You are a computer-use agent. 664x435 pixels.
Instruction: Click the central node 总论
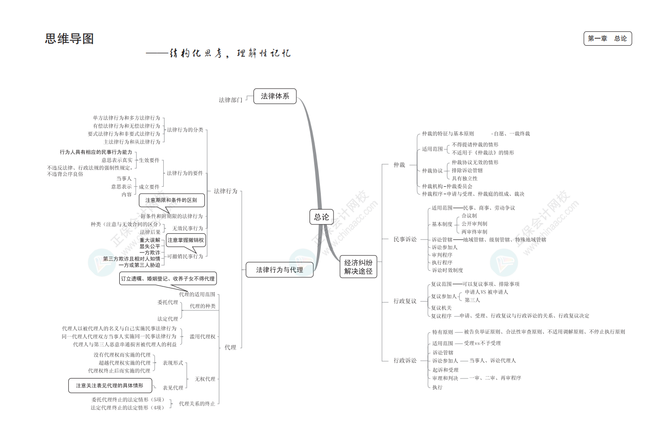point(321,217)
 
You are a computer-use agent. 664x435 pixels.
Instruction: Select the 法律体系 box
point(275,96)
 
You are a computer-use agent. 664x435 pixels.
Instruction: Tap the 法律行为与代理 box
point(280,270)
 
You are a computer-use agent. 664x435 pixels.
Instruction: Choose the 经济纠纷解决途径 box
point(358,267)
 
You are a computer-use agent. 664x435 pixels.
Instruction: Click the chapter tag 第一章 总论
point(607,39)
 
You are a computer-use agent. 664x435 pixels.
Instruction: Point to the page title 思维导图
point(70,39)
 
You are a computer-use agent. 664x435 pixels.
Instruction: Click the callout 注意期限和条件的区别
point(171,200)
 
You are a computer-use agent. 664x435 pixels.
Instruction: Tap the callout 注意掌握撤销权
point(186,240)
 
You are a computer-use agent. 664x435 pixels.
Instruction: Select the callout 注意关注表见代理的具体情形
point(110,386)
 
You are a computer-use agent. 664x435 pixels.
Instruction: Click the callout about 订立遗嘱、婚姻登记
point(168,279)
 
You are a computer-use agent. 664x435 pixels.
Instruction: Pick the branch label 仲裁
point(399,165)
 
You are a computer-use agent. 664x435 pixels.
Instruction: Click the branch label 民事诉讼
point(405,239)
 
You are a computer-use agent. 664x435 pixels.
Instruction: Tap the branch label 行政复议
point(405,301)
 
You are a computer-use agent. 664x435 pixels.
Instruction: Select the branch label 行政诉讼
point(405,360)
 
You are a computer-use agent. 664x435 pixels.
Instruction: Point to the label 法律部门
point(231,100)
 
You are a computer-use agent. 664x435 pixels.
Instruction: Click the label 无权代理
point(205,379)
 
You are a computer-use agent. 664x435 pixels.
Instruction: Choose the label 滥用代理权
point(202,337)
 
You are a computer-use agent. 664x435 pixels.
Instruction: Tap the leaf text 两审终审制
point(474,232)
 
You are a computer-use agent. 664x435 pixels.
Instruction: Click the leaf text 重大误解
point(150,240)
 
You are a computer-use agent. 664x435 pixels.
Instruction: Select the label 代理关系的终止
point(197,404)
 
